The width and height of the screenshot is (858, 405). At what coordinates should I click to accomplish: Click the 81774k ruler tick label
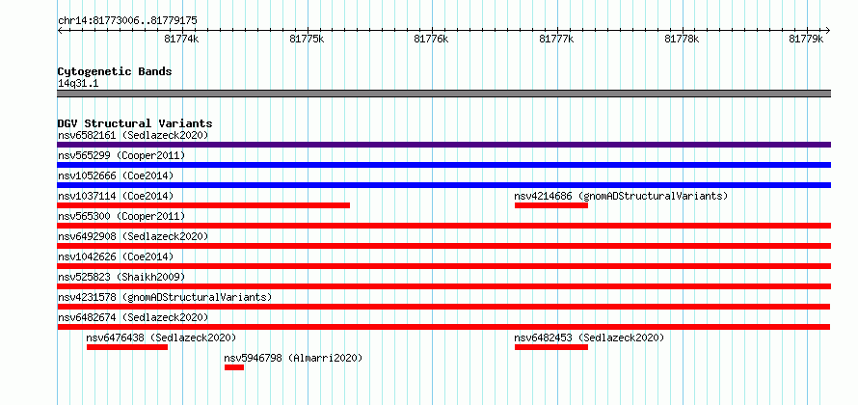(181, 40)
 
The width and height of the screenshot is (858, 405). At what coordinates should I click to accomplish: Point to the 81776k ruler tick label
(432, 40)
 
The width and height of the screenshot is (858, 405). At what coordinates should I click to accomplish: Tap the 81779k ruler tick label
(806, 40)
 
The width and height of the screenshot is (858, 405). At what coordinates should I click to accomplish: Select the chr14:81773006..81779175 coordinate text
(127, 21)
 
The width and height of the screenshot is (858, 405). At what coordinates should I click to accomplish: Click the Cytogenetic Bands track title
(115, 71)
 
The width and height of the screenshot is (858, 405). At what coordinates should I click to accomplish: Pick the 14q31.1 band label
(78, 84)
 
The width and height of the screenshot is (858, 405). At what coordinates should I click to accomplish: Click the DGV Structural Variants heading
(135, 123)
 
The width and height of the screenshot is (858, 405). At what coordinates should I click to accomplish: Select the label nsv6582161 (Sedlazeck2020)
(133, 135)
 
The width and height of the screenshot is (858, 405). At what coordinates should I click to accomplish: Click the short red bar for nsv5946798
(234, 367)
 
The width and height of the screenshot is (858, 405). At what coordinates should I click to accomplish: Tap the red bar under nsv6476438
(127, 347)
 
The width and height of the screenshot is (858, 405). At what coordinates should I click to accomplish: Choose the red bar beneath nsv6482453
(551, 347)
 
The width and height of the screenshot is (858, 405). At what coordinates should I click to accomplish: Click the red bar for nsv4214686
(551, 205)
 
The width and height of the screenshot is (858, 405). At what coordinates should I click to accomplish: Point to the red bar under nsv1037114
(203, 205)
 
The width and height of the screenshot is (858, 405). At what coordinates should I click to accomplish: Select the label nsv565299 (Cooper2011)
(121, 155)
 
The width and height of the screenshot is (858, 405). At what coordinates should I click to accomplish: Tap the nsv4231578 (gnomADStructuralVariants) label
(165, 297)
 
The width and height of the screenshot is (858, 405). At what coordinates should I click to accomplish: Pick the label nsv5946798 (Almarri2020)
(293, 358)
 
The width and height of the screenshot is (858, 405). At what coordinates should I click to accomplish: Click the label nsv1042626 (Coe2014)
(116, 256)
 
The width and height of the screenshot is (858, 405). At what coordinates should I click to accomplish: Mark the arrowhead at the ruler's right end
(828, 31)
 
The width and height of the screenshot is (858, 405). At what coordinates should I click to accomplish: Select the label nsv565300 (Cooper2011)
(121, 216)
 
